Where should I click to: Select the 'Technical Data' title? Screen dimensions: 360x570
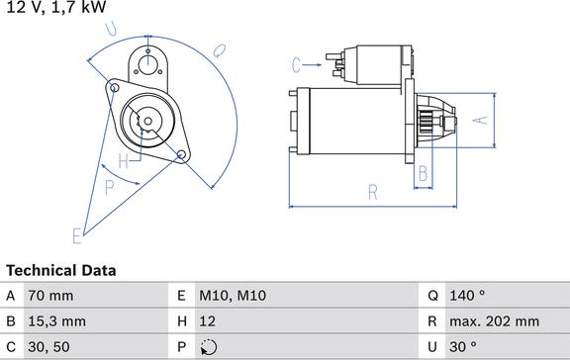60,270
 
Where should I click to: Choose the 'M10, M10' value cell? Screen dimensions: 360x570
234,295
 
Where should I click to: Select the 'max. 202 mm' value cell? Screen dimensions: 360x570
496,320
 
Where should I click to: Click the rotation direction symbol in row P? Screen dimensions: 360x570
209,347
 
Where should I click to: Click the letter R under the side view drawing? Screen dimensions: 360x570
373,192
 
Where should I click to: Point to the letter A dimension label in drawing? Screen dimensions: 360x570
478,120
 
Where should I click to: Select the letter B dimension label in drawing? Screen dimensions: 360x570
423,174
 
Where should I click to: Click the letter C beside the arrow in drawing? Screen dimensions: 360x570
296,65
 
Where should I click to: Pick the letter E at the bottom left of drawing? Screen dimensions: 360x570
76,235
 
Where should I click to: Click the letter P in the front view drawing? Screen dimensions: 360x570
109,185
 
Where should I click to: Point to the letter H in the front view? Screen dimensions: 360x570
124,160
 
